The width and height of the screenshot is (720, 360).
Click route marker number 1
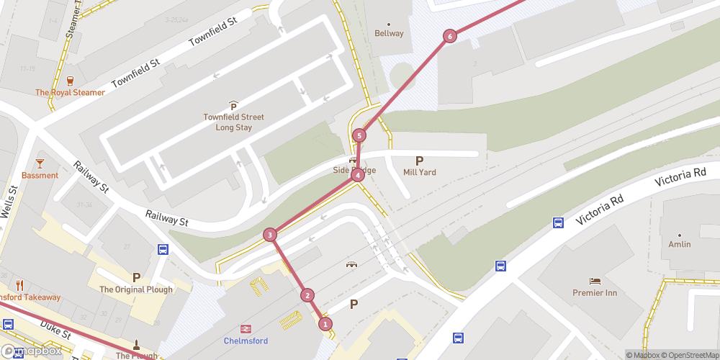click(325, 324)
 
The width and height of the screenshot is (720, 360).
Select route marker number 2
click(307, 294)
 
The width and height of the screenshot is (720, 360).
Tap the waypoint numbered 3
click(269, 235)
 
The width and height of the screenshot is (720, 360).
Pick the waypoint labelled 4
click(357, 175)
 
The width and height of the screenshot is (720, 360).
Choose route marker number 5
click(359, 135)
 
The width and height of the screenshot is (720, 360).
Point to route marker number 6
click(450, 36)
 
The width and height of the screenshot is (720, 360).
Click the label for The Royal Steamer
click(71, 93)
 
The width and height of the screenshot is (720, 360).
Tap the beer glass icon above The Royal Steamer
click(71, 81)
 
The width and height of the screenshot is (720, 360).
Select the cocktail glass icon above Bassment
click(40, 163)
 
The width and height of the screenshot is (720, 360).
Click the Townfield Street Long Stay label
click(233, 122)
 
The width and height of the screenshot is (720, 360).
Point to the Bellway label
click(390, 33)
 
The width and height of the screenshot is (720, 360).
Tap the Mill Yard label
click(420, 172)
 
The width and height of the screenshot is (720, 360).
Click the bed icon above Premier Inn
click(595, 281)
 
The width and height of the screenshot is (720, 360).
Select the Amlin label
click(679, 244)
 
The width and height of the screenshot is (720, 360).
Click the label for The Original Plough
click(136, 289)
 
